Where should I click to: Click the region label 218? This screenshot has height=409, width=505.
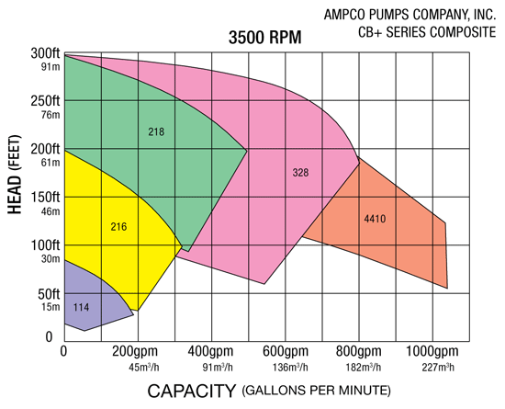[x=156, y=132]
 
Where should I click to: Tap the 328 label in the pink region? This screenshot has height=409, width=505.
[x=301, y=173]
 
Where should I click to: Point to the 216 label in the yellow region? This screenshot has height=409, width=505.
[x=118, y=227]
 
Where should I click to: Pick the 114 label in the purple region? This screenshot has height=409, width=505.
[x=81, y=306]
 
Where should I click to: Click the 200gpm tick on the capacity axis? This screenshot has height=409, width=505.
[x=138, y=351]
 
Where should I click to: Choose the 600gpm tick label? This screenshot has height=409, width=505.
[x=285, y=351]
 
